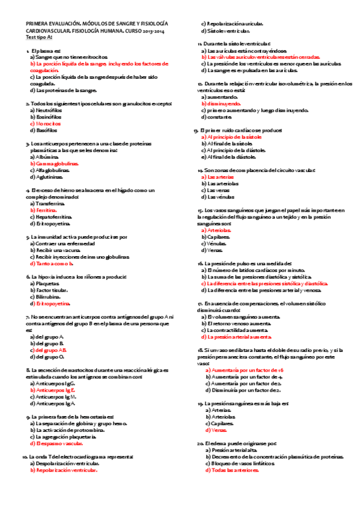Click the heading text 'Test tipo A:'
39,37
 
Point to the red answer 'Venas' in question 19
216,430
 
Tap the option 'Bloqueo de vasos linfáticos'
243,464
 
